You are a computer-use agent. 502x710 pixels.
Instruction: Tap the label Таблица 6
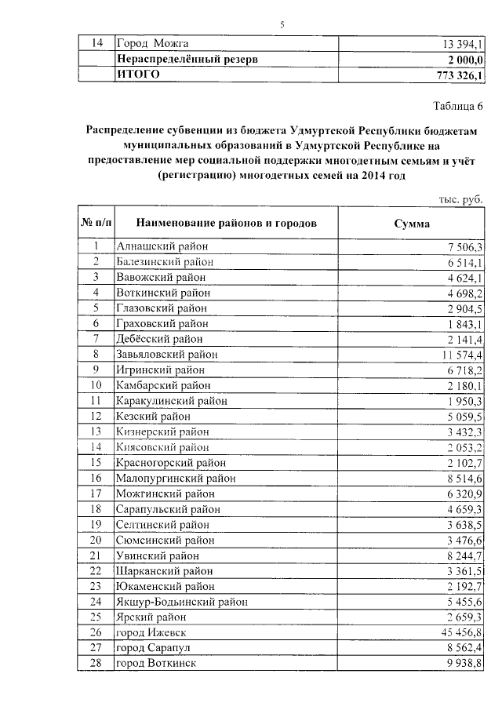tap(458, 105)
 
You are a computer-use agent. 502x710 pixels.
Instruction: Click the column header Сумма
tap(412, 223)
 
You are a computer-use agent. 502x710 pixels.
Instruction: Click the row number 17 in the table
tap(96, 493)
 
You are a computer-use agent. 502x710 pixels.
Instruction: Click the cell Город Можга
tap(152, 43)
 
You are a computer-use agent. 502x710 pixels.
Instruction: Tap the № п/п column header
tap(96, 223)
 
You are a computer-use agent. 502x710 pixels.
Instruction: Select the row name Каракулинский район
tap(171, 401)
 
